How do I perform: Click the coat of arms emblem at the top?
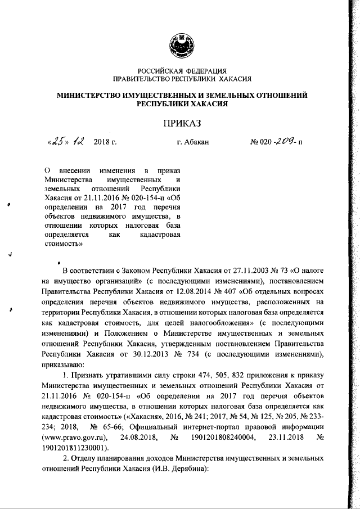point(181,44)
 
